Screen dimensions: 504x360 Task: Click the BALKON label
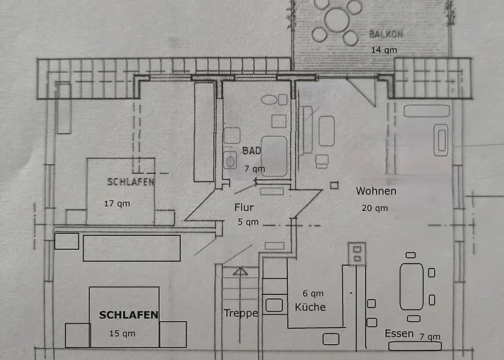[386, 34]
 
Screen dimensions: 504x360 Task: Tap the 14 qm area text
[384, 50]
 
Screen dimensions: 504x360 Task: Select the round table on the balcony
[336, 20]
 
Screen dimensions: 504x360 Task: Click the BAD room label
[251, 150]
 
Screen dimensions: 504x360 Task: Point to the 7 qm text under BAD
[255, 168]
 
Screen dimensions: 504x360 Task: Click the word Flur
[244, 207]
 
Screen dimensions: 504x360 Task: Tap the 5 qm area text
[248, 222]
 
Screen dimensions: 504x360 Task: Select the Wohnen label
[376, 191]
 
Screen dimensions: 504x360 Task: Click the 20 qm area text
[374, 208]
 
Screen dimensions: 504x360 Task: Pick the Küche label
[310, 307]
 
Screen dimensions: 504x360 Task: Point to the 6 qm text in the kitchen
[312, 293]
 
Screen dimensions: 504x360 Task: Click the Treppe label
[240, 312]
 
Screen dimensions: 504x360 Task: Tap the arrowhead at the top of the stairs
[240, 271]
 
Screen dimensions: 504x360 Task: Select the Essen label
[399, 333]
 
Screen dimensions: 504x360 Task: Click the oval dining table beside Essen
[411, 287]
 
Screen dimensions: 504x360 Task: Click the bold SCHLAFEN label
[128, 315]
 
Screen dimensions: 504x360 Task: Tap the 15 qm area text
[122, 333]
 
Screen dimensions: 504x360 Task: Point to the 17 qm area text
[117, 204]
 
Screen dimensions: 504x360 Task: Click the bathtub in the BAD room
[274, 156]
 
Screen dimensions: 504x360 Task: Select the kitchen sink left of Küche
[274, 305]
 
